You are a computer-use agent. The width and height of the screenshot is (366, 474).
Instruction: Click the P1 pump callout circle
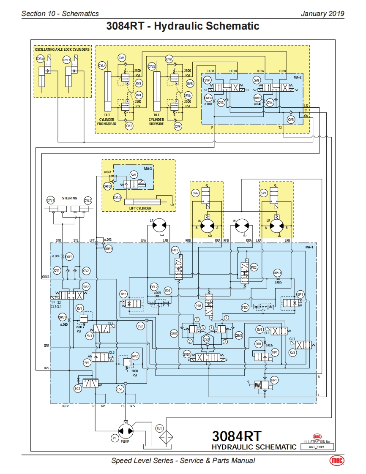click(114, 439)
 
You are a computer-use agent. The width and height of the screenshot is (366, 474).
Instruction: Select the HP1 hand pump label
click(274, 380)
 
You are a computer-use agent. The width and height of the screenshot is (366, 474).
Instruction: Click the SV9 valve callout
click(207, 80)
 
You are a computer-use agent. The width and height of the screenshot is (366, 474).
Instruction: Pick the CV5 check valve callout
click(290, 120)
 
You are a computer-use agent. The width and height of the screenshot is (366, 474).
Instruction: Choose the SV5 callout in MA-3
click(134, 174)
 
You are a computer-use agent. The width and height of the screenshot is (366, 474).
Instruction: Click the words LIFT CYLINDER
click(140, 208)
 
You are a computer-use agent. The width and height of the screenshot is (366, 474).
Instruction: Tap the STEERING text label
click(70, 198)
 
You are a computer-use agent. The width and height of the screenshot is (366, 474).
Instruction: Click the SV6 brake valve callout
click(195, 193)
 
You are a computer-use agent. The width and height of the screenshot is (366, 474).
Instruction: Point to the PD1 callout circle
click(175, 251)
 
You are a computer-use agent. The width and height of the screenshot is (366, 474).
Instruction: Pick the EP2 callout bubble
click(124, 294)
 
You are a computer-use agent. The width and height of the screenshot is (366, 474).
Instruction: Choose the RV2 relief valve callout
click(135, 356)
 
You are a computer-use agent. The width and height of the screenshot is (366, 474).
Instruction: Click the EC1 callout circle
click(77, 389)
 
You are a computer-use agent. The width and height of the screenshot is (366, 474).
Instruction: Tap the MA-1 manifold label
click(309, 247)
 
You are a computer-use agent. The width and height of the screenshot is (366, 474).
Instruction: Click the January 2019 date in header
click(322, 14)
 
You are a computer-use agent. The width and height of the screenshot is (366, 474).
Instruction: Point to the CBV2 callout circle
click(239, 335)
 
